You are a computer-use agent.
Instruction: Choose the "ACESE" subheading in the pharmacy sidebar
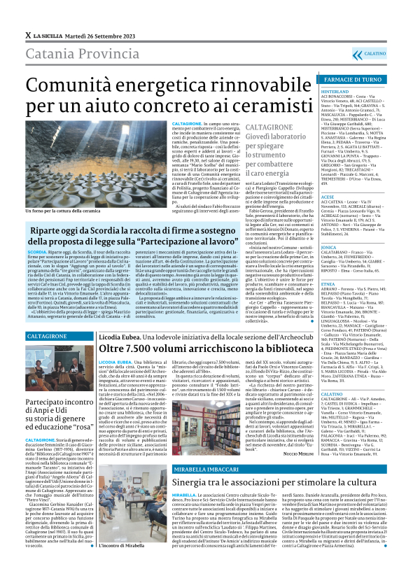pos(328,198)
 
